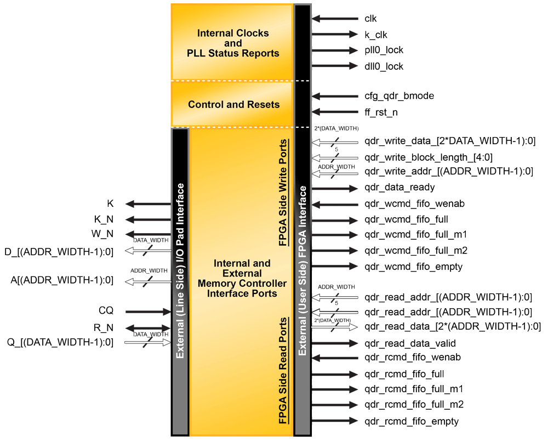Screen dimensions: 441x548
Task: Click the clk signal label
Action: tap(370, 19)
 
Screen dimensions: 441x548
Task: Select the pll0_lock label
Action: tap(384, 50)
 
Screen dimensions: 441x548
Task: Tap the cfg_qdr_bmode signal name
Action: tap(399, 96)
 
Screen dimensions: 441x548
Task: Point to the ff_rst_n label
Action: tap(381, 112)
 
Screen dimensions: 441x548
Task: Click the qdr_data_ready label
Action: tap(399, 188)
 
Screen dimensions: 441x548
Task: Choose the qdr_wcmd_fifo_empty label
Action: tap(413, 267)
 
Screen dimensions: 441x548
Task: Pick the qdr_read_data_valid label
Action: tap(410, 344)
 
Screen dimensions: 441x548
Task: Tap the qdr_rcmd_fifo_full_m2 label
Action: tap(414, 405)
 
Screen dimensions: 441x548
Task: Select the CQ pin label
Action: tap(106, 311)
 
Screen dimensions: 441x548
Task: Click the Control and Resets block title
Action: tap(233, 104)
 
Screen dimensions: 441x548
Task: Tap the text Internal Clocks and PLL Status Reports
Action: tap(233, 43)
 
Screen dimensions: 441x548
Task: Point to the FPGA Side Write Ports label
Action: tap(283, 193)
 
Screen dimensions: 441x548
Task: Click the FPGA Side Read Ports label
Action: tap(283, 371)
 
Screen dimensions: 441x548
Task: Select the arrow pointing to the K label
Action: tap(148, 204)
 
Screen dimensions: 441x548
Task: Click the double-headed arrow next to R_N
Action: tap(148, 328)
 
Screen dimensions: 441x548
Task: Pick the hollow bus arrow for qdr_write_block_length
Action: tap(334, 158)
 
